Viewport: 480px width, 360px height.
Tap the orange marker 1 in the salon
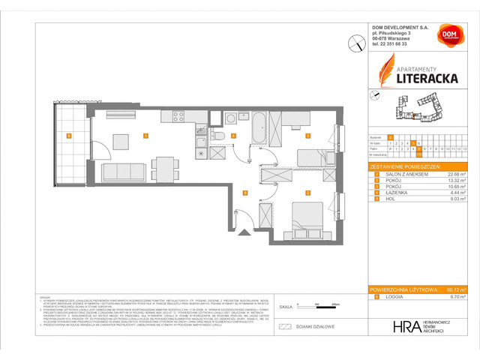145,136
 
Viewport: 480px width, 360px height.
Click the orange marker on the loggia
69,136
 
